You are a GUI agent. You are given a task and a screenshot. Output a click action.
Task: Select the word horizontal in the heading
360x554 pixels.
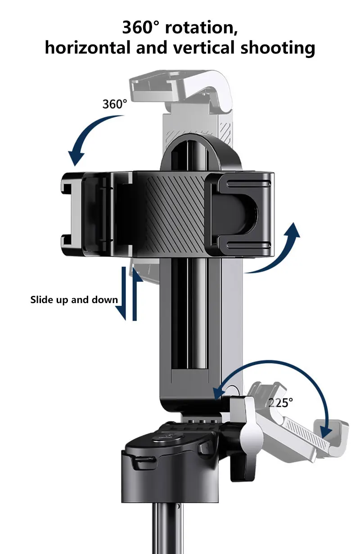point(87,48)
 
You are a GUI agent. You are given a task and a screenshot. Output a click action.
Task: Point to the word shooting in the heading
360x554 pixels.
point(278,48)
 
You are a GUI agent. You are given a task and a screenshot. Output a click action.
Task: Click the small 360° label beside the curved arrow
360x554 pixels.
point(115,104)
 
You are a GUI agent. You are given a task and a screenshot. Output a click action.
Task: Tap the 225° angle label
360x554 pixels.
point(281,403)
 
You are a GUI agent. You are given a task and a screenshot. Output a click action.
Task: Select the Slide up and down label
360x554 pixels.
point(74,300)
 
